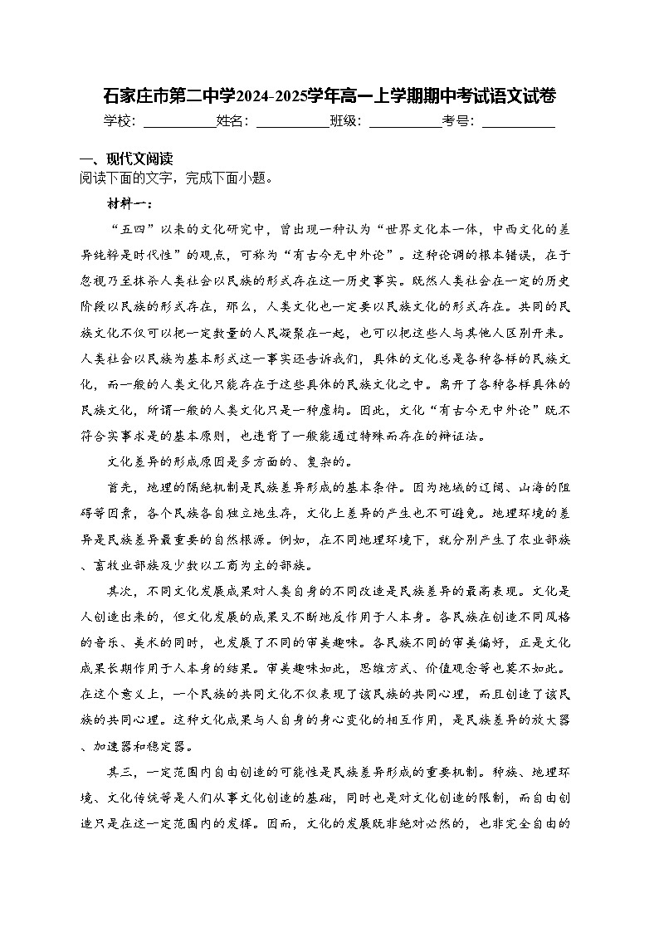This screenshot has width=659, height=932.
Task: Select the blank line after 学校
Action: [178, 121]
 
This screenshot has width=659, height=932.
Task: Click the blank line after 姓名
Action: [292, 121]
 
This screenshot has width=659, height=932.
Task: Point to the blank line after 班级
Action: [405, 121]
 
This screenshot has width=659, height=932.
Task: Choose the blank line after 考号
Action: [518, 121]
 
